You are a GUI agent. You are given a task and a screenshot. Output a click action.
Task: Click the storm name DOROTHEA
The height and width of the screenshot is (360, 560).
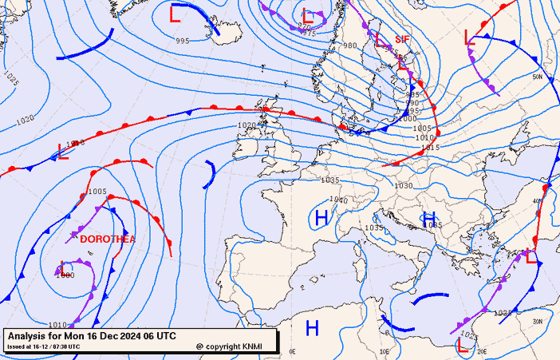click(107, 239)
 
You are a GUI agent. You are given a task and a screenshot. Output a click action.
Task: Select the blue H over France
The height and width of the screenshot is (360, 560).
click(321, 217)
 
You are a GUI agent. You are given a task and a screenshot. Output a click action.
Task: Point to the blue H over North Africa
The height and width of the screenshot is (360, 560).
click(313, 327)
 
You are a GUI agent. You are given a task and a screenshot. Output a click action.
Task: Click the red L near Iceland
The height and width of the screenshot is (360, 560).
click(175, 14)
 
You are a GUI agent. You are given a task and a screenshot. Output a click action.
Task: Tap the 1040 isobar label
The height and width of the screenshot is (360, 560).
click(339, 200)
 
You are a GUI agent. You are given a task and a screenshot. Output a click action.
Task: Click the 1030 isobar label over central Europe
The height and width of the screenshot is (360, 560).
click(404, 185)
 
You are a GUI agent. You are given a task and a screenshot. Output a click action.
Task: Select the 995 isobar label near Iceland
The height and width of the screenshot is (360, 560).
click(183, 41)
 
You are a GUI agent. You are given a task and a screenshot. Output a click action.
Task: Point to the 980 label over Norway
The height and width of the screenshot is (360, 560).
click(350, 45)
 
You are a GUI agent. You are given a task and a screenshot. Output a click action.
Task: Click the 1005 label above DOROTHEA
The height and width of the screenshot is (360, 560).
click(97, 192)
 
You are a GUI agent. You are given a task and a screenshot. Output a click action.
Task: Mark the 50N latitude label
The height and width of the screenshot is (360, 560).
click(538, 77)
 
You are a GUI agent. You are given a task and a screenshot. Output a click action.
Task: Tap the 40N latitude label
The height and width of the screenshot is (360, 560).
click(538, 201)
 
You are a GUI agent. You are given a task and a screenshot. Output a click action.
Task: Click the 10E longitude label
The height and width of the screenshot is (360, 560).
click(385, 350)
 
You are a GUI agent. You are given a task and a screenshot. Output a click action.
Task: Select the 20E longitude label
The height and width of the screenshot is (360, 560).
click(482, 350)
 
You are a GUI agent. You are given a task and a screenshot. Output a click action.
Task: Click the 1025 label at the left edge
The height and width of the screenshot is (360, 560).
click(10, 78)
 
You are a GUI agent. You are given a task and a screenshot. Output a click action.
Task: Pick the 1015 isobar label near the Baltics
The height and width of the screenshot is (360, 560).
click(431, 148)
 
